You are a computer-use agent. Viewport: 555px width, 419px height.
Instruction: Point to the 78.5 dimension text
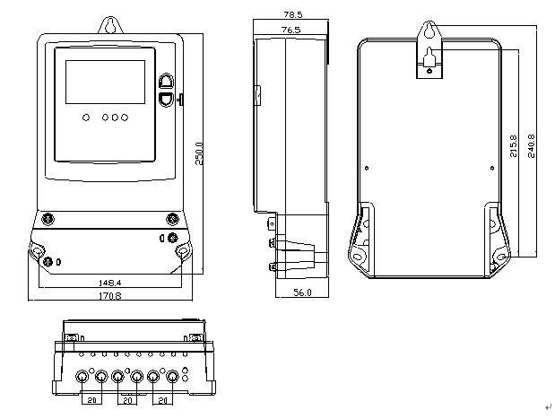[x=292, y=15]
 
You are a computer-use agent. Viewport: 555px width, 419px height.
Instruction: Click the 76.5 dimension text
[x=291, y=30]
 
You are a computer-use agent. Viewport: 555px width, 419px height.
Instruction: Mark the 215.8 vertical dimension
[x=513, y=146]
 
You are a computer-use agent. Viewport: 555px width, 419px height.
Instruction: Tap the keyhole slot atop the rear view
[x=430, y=34]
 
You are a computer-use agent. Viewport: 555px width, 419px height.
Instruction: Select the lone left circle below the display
[x=85, y=117]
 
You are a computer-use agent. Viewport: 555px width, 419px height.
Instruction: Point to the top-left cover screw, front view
[x=48, y=217]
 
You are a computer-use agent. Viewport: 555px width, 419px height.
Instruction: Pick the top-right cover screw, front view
[x=172, y=217]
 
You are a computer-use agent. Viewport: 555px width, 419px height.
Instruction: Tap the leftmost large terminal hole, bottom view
[x=83, y=377]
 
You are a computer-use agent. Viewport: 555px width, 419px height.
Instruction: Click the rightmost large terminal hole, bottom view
[x=170, y=377]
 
